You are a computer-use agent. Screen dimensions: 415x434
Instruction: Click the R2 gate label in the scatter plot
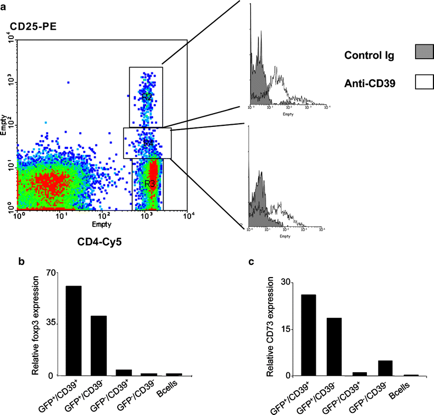point(146,97)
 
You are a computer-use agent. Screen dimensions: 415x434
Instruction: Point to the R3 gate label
point(150,183)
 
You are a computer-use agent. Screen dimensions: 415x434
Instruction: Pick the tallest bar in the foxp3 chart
point(73,330)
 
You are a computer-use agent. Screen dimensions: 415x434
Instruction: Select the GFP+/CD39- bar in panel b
point(99,345)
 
